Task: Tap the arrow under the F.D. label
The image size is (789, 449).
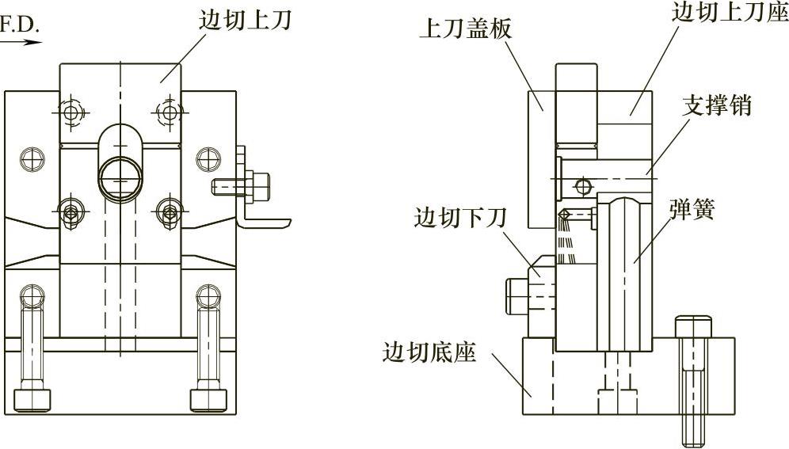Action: coord(21,42)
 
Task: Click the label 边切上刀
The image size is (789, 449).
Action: coord(244,21)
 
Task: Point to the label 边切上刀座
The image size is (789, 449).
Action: coord(729,12)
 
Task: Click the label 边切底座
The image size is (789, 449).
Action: coord(429,352)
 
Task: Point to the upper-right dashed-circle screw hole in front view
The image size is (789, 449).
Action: coord(169,112)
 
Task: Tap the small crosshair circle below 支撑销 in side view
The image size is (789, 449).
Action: coord(583,187)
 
